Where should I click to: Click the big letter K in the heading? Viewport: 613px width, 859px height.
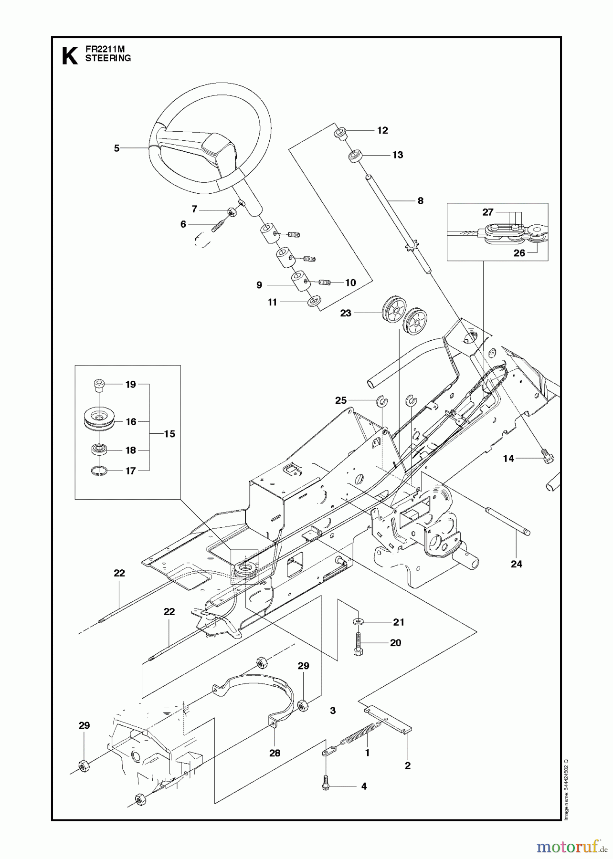tap(70, 56)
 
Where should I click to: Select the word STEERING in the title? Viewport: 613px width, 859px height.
tap(108, 58)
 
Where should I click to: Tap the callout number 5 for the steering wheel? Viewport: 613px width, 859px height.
tap(116, 148)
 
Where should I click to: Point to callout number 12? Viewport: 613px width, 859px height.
tap(382, 130)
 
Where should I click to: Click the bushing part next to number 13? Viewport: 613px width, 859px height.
tap(355, 156)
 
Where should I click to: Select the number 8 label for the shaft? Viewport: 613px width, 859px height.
tap(420, 201)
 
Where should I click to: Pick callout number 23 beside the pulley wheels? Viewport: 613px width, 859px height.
tap(346, 313)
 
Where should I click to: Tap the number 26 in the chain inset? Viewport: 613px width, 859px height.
tap(519, 253)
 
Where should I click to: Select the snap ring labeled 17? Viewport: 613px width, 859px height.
tap(98, 471)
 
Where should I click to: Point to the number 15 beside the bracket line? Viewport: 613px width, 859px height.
tap(169, 434)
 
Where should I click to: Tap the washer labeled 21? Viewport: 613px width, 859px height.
tap(358, 622)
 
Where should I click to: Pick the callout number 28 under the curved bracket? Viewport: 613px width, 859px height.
tap(275, 753)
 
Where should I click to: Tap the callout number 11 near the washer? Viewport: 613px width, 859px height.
tap(272, 303)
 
